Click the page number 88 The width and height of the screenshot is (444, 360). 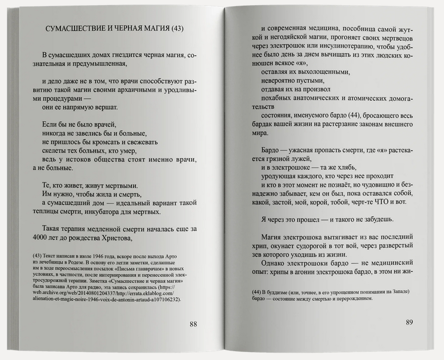(193, 324)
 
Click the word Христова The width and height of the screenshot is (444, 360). (111, 238)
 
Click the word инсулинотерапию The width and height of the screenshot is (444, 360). (342, 46)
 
